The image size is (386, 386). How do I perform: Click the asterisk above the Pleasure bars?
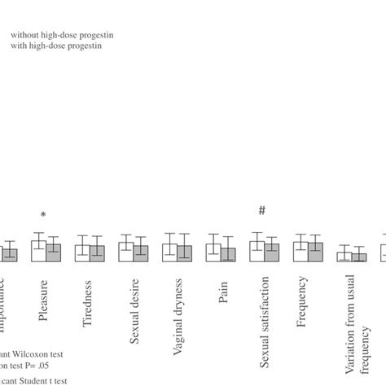click(44, 215)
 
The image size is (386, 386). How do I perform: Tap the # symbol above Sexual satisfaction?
click(262, 211)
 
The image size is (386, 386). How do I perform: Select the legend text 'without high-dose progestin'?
click(61, 35)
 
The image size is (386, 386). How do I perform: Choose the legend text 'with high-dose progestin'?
click(55, 46)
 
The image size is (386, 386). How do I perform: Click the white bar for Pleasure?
click(37, 251)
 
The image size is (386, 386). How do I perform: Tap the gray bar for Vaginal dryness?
click(185, 253)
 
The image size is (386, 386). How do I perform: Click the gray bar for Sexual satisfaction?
click(272, 252)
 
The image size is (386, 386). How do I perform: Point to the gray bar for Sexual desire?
click(141, 253)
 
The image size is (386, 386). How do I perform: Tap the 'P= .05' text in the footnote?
click(47, 366)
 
